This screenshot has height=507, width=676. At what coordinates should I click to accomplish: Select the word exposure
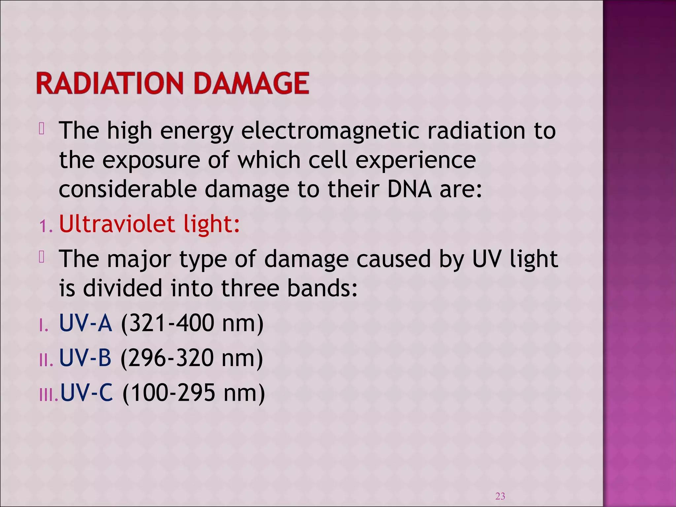151,160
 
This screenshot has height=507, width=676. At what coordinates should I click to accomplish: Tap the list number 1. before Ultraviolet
46,226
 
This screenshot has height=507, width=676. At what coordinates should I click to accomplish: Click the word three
250,288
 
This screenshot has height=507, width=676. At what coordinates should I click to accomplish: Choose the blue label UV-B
85,358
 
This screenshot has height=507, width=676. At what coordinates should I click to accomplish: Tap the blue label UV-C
86,393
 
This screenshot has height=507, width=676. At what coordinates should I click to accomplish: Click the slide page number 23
500,496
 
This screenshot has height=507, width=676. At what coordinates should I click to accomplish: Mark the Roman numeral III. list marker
49,395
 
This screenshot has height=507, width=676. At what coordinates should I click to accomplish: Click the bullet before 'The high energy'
42,129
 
